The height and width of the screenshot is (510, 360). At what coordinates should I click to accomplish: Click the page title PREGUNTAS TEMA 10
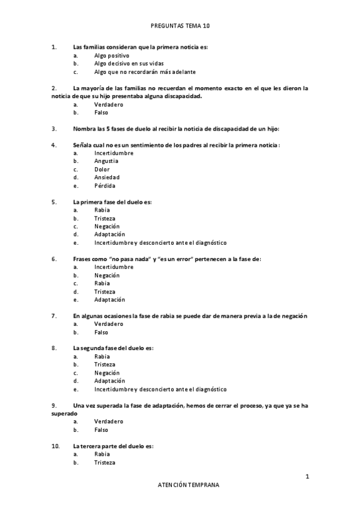180,26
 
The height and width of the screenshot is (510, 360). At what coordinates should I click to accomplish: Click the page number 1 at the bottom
307,476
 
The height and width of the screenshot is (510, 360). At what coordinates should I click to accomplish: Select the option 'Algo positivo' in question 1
111,55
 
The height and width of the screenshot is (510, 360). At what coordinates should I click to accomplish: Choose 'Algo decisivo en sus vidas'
129,63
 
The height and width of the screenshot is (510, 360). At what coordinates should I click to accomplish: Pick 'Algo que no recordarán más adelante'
136,72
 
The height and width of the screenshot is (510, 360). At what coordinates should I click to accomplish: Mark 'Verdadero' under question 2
108,104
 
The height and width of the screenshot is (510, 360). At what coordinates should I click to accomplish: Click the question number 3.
54,129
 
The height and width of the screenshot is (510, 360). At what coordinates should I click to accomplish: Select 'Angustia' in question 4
106,161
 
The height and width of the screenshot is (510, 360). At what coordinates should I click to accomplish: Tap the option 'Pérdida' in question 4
105,186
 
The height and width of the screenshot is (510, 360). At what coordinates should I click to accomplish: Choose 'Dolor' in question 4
102,170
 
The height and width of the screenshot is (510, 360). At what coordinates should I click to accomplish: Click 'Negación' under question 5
107,227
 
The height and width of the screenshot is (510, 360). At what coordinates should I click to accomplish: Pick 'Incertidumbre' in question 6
114,267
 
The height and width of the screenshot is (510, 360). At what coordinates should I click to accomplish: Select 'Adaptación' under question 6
109,300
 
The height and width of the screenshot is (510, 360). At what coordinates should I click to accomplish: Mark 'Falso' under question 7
101,332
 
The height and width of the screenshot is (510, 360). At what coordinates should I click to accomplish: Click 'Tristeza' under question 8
105,364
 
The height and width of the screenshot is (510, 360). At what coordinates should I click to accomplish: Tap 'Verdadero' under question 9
108,422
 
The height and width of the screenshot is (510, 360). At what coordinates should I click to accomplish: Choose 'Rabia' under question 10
102,455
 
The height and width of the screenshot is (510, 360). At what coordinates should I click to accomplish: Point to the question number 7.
54,316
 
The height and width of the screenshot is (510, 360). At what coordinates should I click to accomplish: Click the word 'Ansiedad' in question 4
106,177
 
